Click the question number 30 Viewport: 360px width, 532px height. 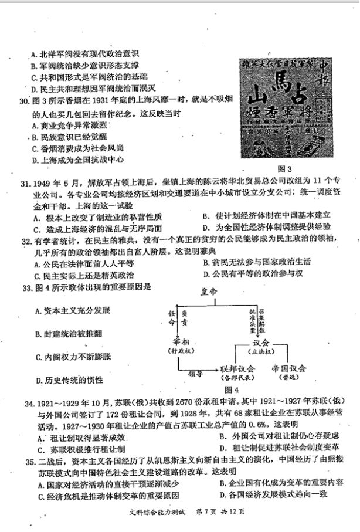(x=23, y=101)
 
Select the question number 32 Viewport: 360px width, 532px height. (x=25, y=242)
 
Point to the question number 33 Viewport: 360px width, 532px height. (x=25, y=287)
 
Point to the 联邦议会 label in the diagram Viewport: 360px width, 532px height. (x=237, y=369)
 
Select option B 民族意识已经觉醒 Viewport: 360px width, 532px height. (x=65, y=137)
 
